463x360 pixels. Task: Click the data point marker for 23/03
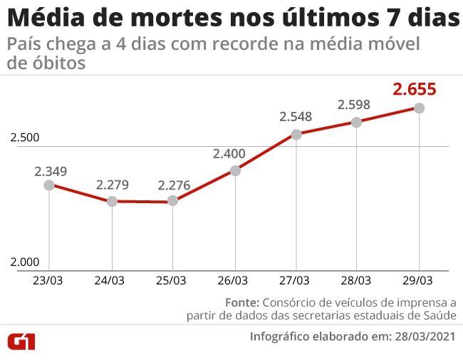pos(49,185)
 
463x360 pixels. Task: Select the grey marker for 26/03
pos(234,170)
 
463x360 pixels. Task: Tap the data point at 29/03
pos(420,108)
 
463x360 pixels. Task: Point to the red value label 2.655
pos(414,89)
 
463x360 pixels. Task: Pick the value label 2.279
pos(113,185)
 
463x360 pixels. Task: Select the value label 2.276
pos(174,185)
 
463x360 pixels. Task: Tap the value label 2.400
pos(229,153)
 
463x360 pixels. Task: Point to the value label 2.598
pos(355,105)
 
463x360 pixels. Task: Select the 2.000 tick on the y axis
pos(25,262)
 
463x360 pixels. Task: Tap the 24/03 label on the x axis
pos(110,280)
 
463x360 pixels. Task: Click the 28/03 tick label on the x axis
pos(357,280)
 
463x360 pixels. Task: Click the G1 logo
pos(21,341)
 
